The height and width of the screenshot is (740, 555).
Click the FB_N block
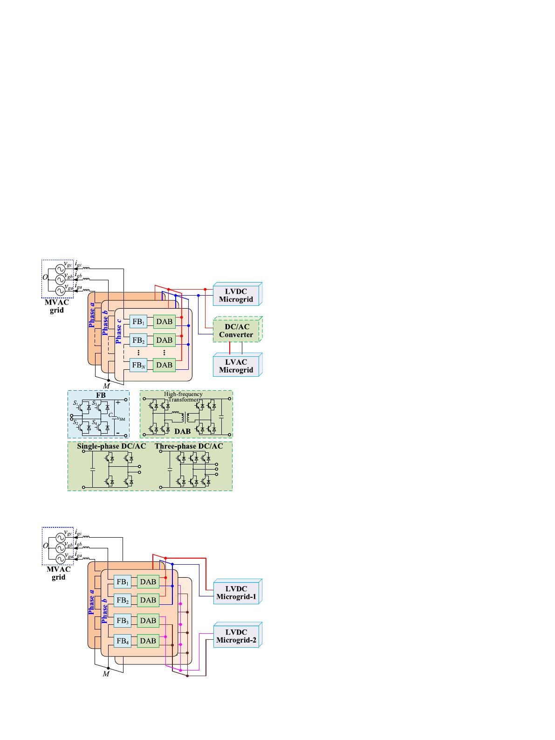coord(138,365)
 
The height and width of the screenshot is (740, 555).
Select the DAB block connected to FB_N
coord(164,365)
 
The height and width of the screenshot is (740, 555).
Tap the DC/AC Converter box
coord(237,331)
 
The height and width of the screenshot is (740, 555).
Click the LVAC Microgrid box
coord(237,366)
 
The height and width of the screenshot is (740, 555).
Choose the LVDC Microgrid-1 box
coord(237,592)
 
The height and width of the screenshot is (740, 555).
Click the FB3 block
coord(123,620)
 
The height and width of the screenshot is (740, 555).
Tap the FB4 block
coord(123,641)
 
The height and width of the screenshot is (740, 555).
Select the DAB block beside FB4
coord(148,641)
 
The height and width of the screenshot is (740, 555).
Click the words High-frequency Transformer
coord(183,396)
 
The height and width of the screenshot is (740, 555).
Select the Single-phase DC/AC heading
coord(111,446)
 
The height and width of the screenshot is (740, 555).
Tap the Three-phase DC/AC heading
coord(189,446)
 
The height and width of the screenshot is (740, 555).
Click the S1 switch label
coord(76,403)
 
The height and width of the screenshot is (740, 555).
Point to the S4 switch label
coord(95,422)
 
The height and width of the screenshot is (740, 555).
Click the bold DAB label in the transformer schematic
coord(183,431)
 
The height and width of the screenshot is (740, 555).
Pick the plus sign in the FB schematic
coord(118,402)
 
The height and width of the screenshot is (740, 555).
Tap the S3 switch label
coord(95,403)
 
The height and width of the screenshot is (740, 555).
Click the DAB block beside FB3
coord(148,620)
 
